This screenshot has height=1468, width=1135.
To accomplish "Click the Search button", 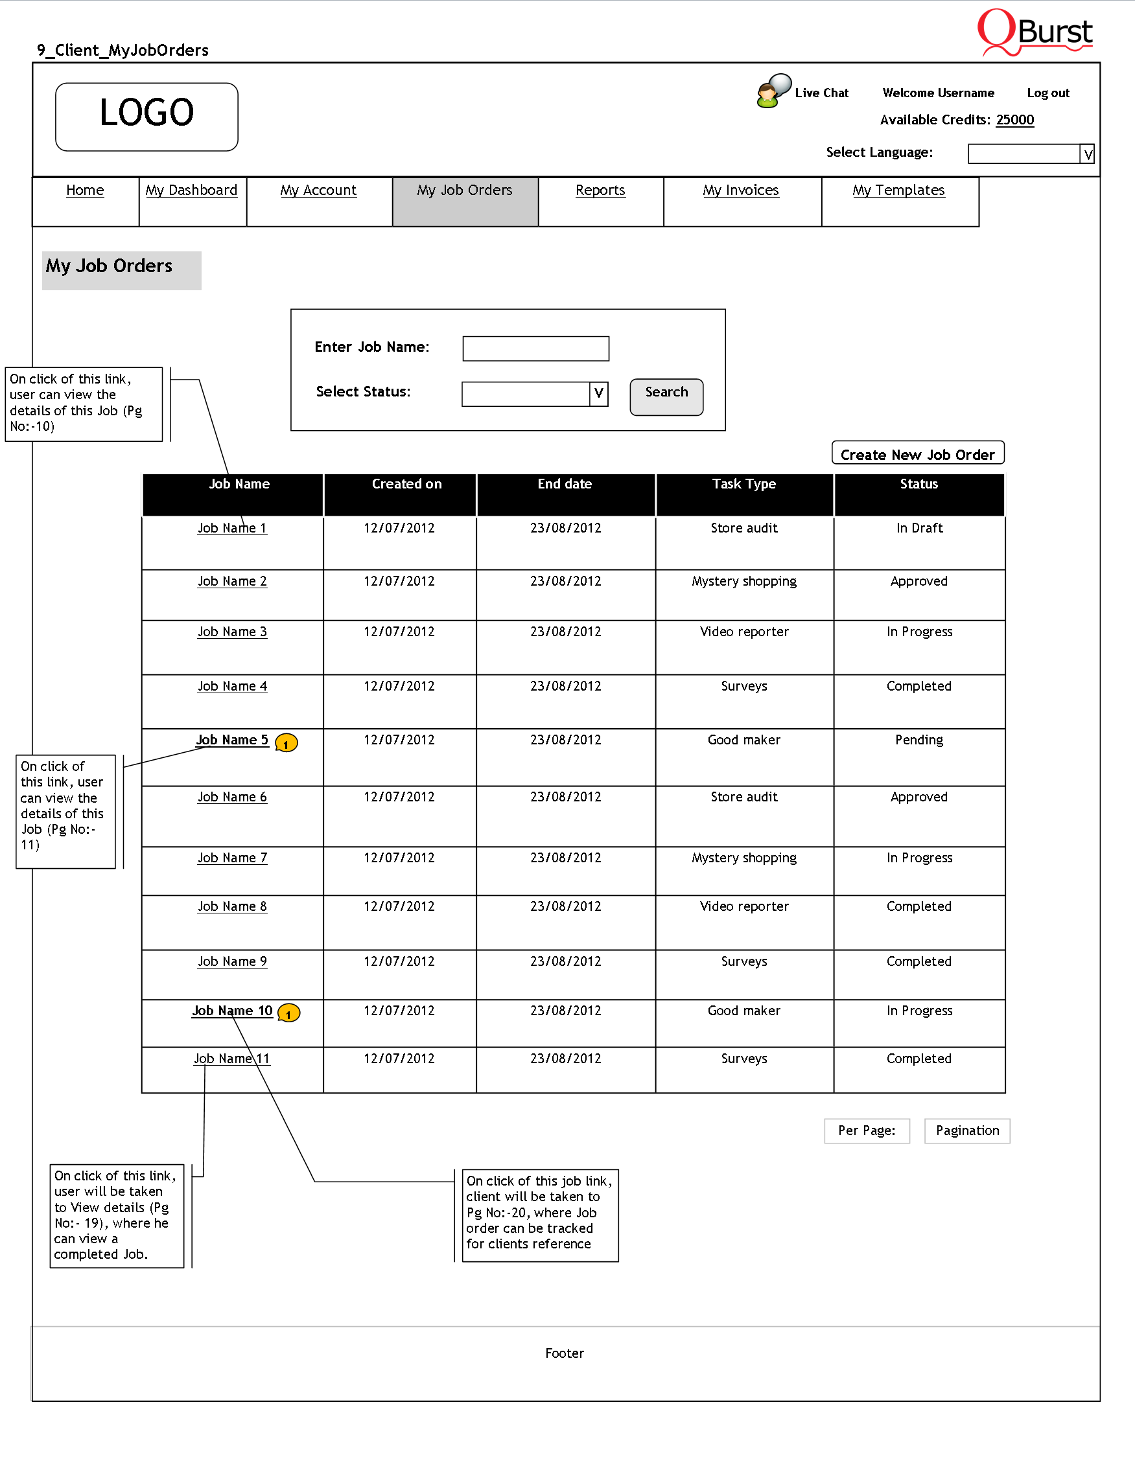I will click(x=666, y=396).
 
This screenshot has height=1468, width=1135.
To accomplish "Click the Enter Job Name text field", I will click(x=535, y=349).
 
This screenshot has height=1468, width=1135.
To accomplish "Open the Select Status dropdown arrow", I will click(x=598, y=394).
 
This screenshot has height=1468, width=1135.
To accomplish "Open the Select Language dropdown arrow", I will click(x=1087, y=155).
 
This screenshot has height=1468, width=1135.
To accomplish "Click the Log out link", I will click(x=1047, y=93).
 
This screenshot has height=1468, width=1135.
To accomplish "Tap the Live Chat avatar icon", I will click(x=772, y=91).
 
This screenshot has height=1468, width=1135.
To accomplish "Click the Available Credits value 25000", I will click(x=1014, y=120).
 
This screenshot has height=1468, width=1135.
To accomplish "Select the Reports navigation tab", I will click(x=600, y=191).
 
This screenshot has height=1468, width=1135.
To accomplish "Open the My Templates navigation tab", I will click(x=898, y=191).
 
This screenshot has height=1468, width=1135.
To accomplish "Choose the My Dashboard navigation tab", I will click(x=192, y=191).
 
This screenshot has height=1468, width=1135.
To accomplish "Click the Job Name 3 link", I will click(x=232, y=632).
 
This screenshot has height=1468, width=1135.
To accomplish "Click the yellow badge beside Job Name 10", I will click(x=288, y=1013).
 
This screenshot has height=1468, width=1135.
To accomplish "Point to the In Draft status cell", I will click(x=919, y=529).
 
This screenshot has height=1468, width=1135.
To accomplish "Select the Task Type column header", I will click(x=743, y=485).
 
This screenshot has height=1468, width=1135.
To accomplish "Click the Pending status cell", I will click(x=919, y=740).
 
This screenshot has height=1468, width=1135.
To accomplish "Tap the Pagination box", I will click(x=967, y=1131).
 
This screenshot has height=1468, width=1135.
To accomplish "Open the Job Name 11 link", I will click(x=231, y=1059).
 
